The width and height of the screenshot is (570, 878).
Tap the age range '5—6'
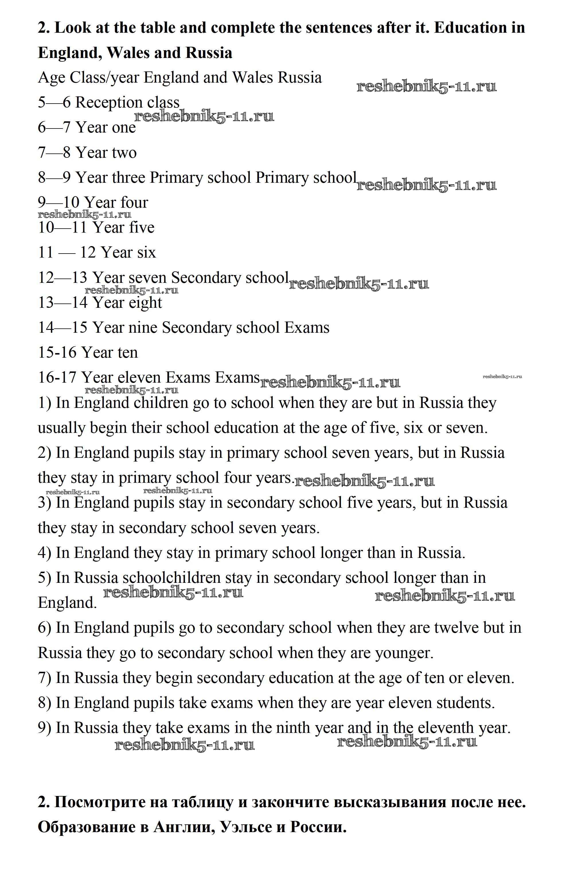pos(54,103)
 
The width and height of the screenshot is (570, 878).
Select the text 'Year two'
pos(106,153)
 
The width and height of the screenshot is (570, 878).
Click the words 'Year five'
pos(124,228)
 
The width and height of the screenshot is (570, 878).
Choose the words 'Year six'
pos(128,253)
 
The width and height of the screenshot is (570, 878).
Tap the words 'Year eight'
pos(127,303)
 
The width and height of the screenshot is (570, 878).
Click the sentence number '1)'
pos(44,403)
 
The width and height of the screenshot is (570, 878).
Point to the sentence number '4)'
pos(44,553)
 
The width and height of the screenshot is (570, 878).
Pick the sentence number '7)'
pos(44,678)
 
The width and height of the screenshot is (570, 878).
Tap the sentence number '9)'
pos(44,728)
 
